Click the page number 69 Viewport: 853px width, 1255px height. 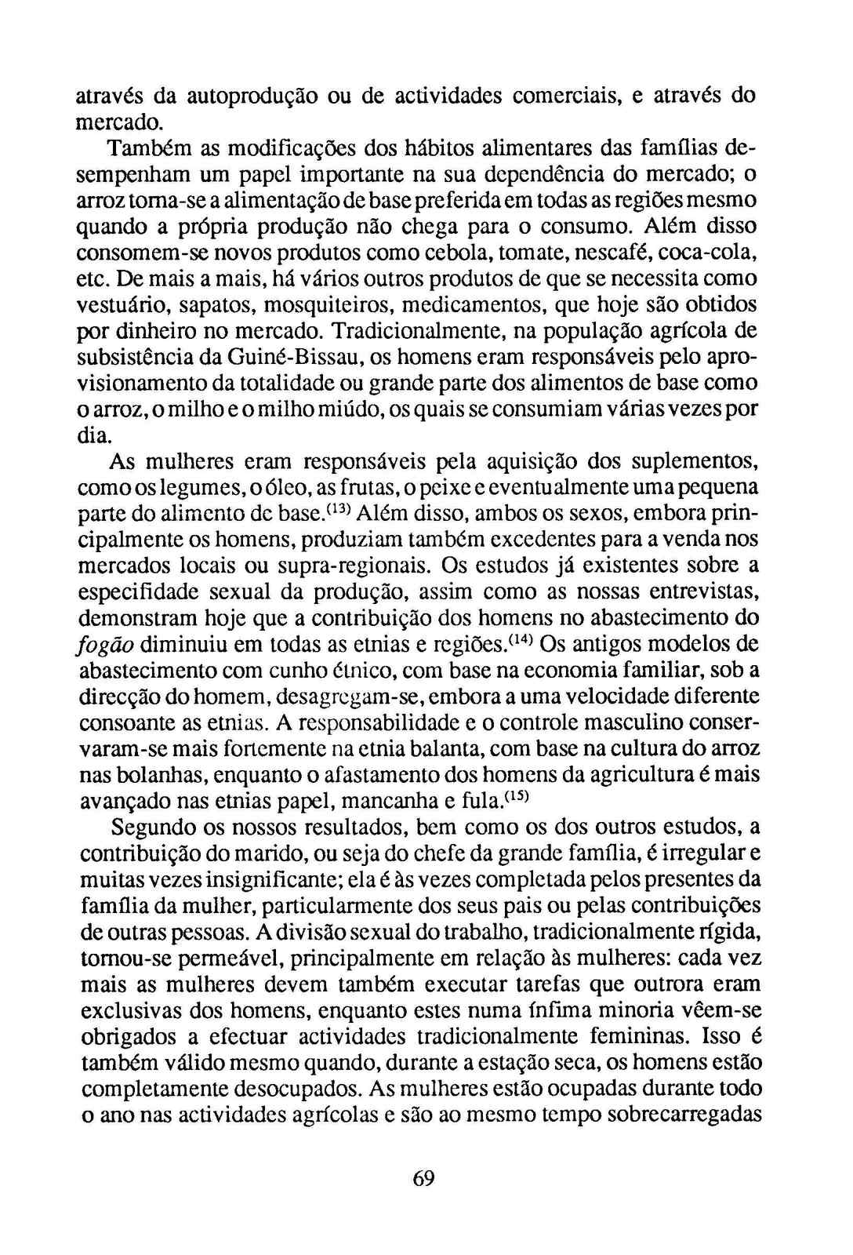tap(423, 1178)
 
